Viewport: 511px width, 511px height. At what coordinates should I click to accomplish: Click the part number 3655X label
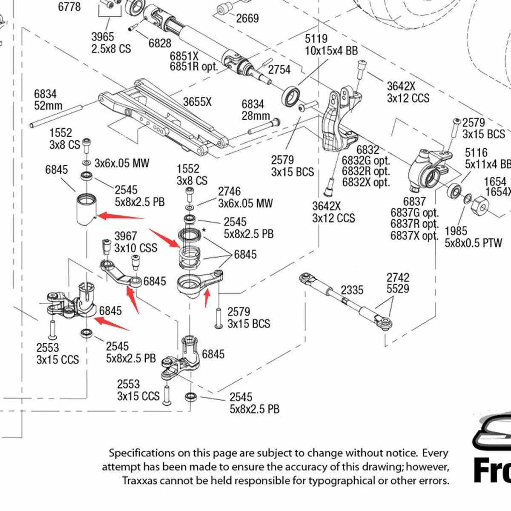pyautogui.click(x=197, y=102)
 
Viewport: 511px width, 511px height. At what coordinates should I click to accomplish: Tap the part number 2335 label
pyautogui.click(x=352, y=290)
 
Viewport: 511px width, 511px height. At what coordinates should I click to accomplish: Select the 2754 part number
pyautogui.click(x=279, y=69)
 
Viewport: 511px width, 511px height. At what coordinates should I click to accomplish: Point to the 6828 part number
pyautogui.click(x=160, y=43)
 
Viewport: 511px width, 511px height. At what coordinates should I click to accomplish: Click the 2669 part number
pyautogui.click(x=247, y=18)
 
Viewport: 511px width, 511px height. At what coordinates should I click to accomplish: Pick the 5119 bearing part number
pyautogui.click(x=316, y=39)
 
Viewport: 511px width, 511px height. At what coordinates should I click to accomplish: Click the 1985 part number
pyautogui.click(x=456, y=231)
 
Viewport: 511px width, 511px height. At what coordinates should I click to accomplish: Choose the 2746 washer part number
pyautogui.click(x=229, y=191)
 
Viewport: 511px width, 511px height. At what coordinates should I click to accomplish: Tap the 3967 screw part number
pyautogui.click(x=126, y=236)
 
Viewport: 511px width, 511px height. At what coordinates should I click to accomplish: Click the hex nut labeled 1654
pyautogui.click(x=480, y=206)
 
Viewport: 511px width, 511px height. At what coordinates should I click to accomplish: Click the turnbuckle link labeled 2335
pyautogui.click(x=346, y=299)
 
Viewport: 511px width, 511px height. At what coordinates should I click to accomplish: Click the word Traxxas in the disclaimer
pyautogui.click(x=141, y=481)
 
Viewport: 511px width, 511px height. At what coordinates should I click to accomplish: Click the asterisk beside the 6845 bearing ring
pyautogui.click(x=204, y=230)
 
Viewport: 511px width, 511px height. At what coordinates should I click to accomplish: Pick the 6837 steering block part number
pyautogui.click(x=414, y=201)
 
